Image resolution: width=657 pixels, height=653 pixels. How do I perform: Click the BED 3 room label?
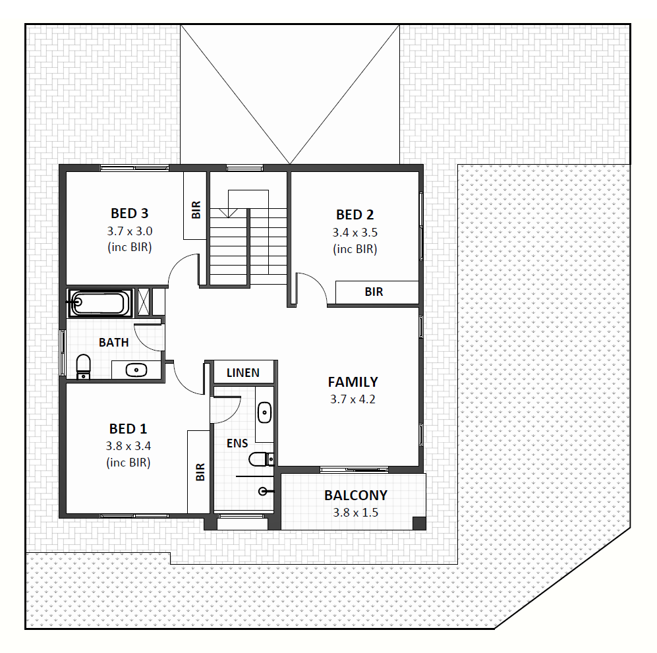pyautogui.click(x=129, y=213)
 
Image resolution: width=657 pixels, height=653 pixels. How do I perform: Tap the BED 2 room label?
pyautogui.click(x=355, y=214)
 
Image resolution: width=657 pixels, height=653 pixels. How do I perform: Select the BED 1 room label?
pyautogui.click(x=129, y=429)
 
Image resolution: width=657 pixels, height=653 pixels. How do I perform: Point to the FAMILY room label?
pyautogui.click(x=353, y=382)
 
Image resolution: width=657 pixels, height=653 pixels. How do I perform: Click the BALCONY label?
pyautogui.click(x=356, y=495)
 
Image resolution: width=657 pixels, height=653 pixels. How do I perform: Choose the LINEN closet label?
pyautogui.click(x=243, y=373)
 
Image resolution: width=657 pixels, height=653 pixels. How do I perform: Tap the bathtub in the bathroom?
pyautogui.click(x=100, y=303)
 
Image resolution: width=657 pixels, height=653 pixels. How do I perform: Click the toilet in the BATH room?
pyautogui.click(x=84, y=366)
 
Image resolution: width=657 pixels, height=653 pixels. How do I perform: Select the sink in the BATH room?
pyautogui.click(x=136, y=370)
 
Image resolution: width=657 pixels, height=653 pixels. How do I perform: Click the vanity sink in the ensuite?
pyautogui.click(x=265, y=413)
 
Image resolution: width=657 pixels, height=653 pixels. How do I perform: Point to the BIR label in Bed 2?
pyautogui.click(x=374, y=292)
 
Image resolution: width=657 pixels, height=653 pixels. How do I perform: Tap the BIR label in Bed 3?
pyautogui.click(x=196, y=210)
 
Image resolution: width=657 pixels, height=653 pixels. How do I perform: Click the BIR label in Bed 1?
pyautogui.click(x=200, y=472)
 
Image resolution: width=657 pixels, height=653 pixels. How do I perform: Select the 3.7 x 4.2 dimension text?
pyautogui.click(x=353, y=399)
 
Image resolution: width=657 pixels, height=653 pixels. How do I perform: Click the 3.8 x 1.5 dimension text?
pyautogui.click(x=356, y=512)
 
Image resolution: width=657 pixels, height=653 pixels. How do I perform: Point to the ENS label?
pyautogui.click(x=237, y=443)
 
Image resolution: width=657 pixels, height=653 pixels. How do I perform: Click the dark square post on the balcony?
pyautogui.click(x=419, y=523)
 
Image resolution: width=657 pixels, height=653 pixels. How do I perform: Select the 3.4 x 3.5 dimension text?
pyautogui.click(x=355, y=233)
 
